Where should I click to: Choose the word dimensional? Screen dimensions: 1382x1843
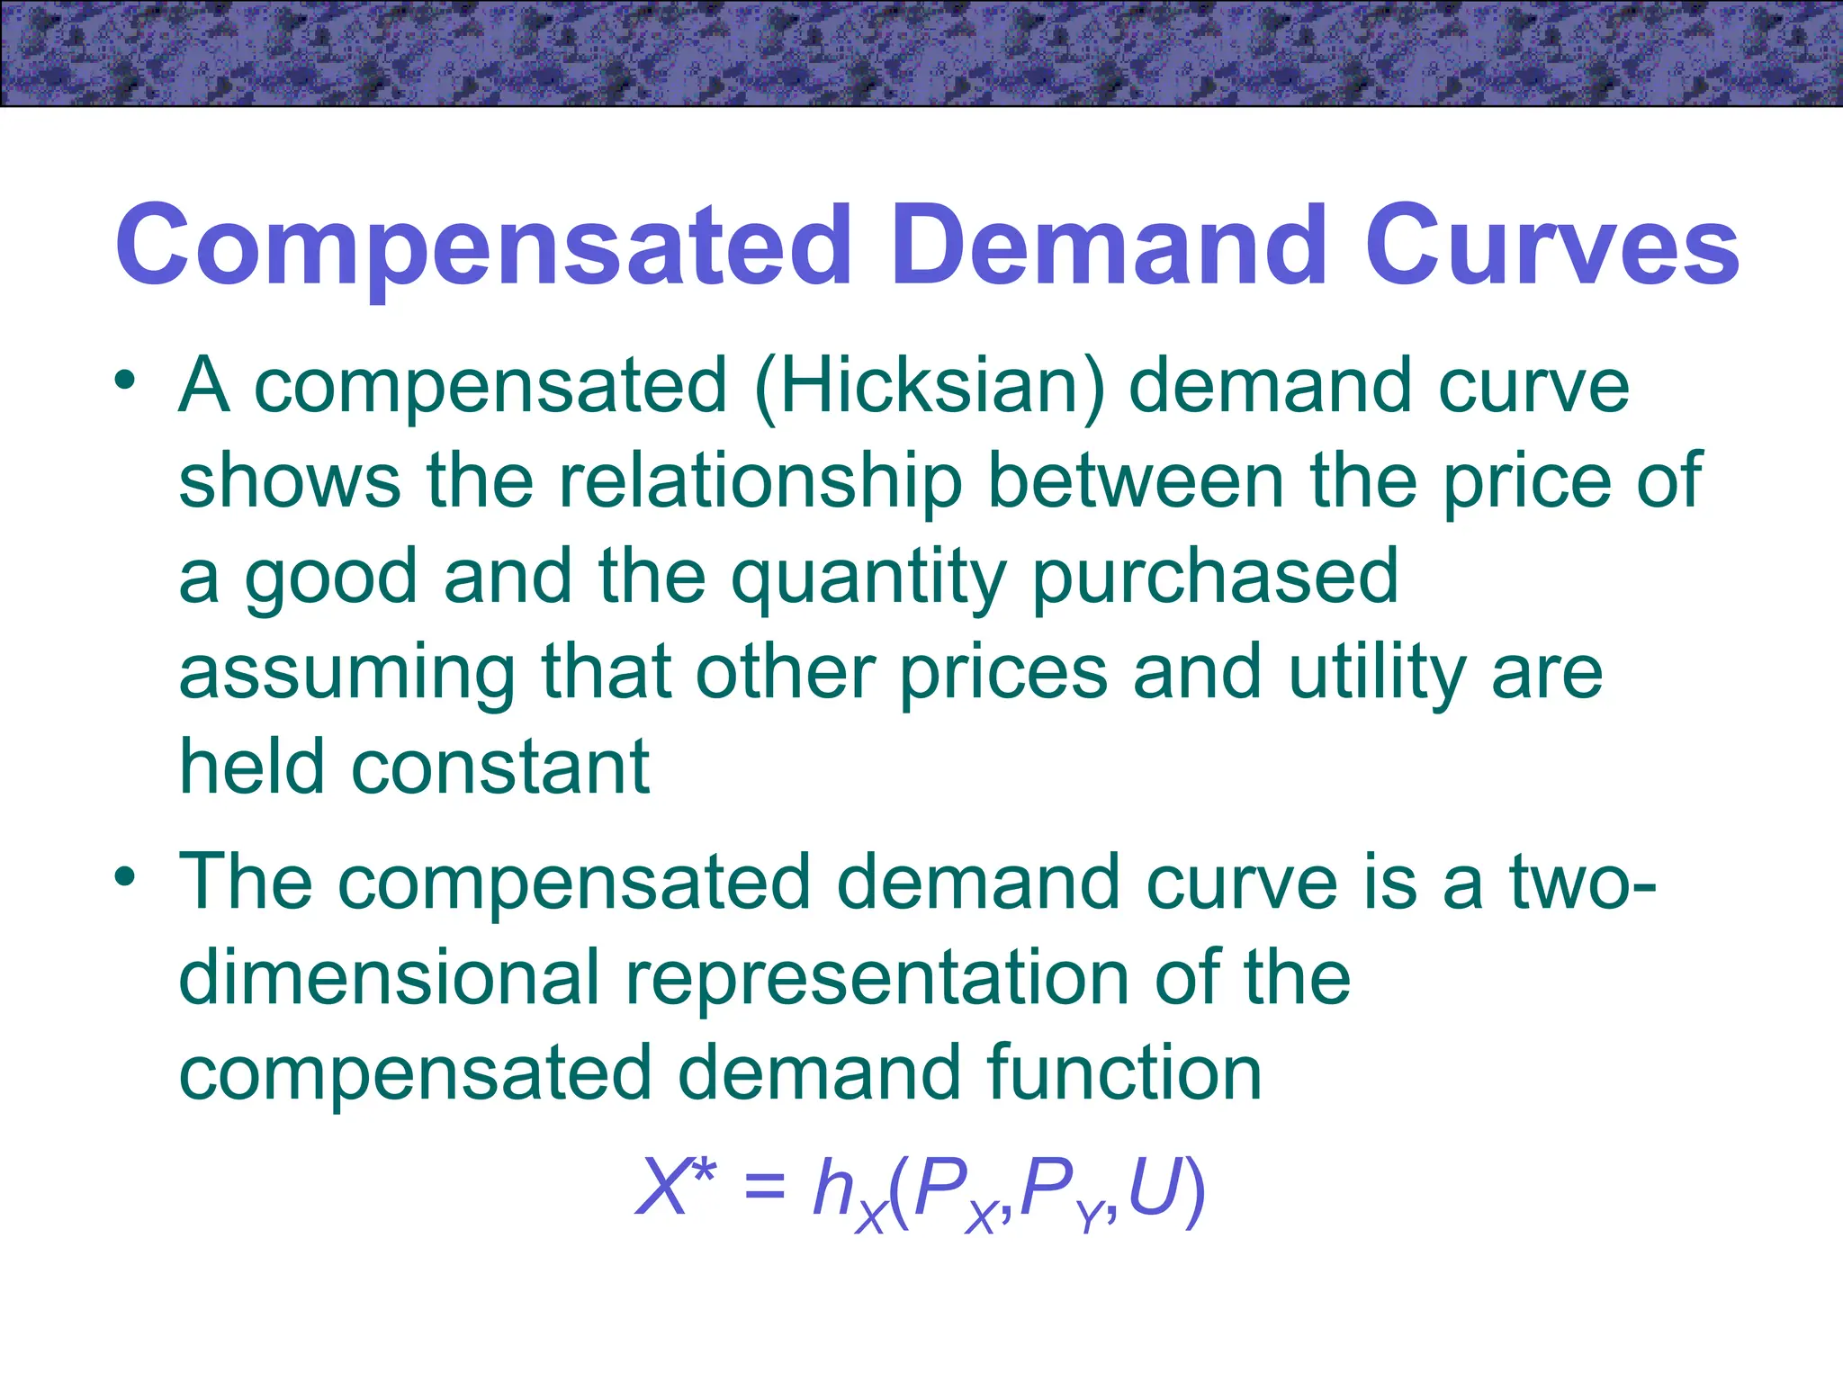point(389,978)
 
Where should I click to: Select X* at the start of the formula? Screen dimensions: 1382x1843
point(676,1186)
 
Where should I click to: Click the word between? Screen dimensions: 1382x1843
point(1136,482)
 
